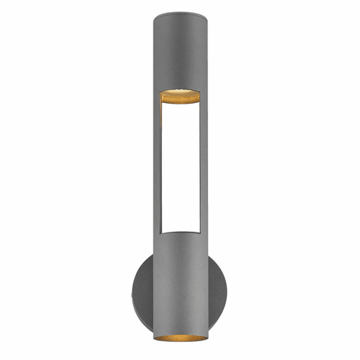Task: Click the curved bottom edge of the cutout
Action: (x=180, y=232)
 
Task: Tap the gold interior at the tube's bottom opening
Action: (x=180, y=339)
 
